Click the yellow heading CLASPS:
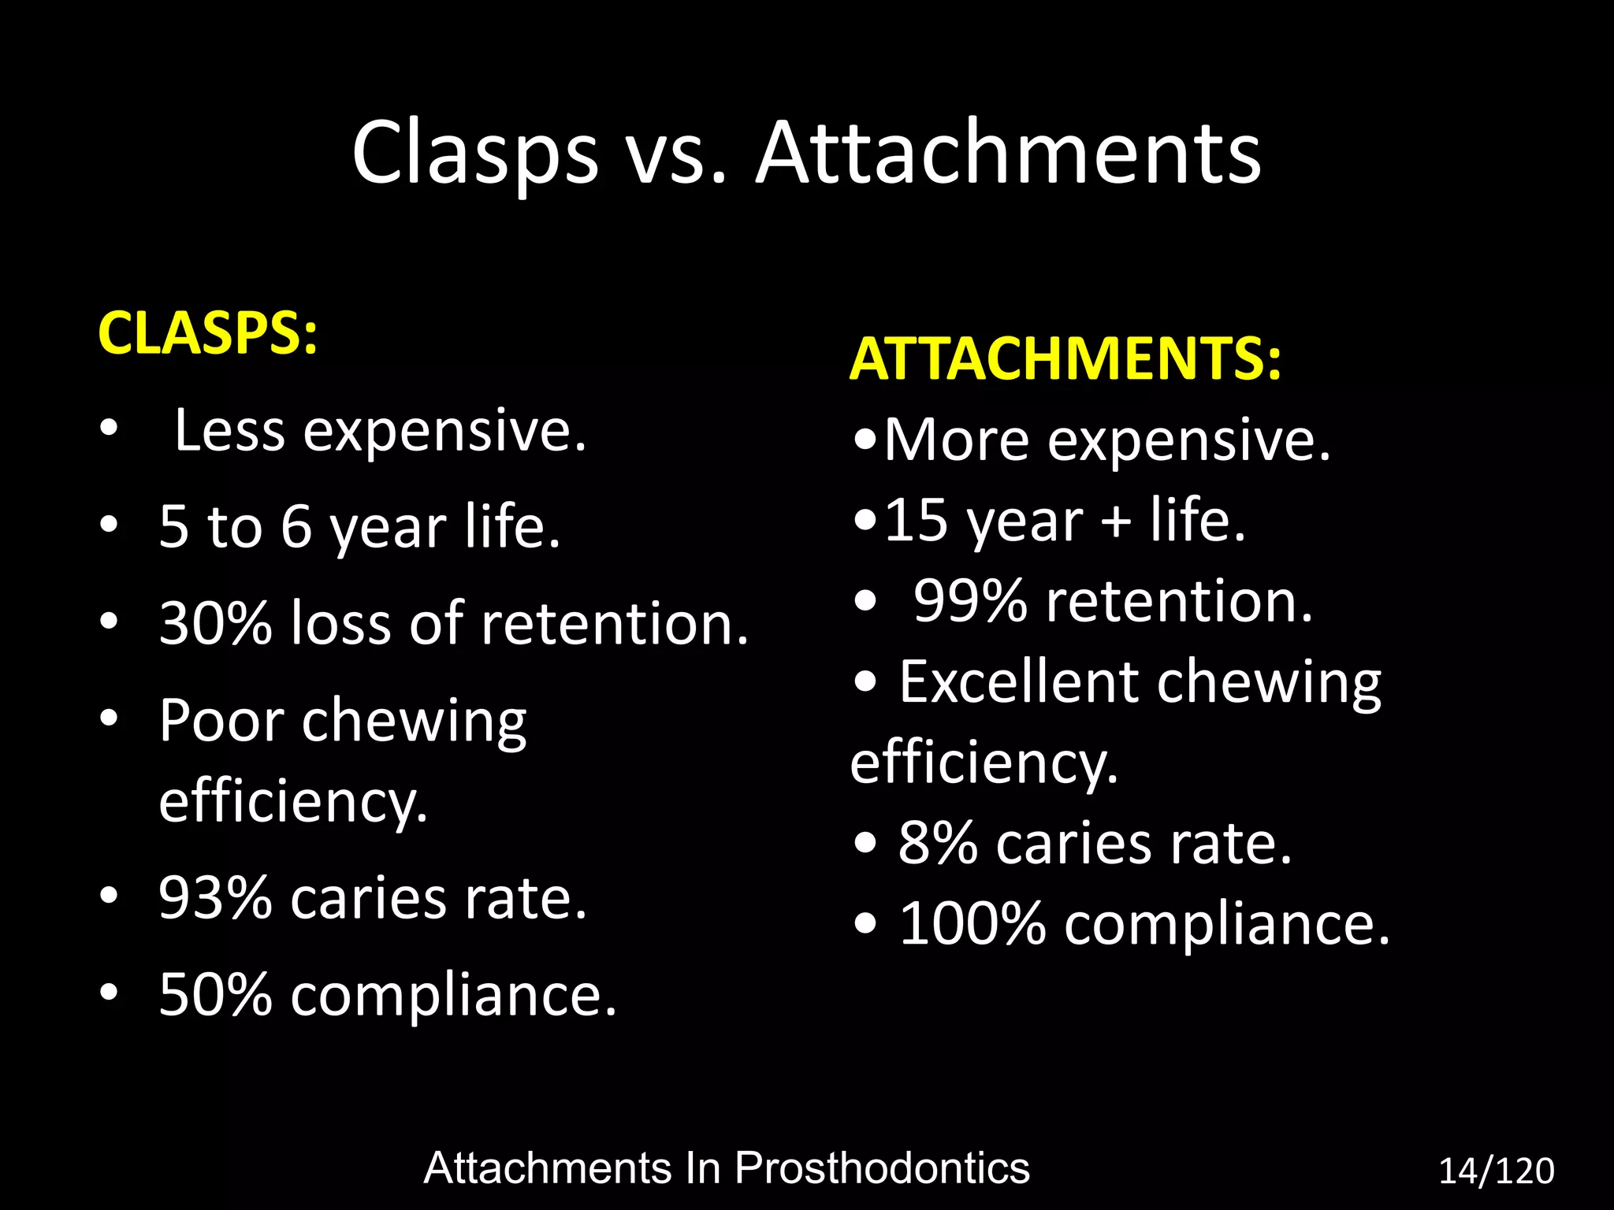coord(207,334)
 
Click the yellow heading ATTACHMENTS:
coord(1065,359)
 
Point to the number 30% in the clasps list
coord(215,623)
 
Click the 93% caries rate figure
coord(215,898)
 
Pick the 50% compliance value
coord(215,995)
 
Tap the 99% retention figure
coord(970,601)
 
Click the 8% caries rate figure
coord(938,844)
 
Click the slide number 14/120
coord(1496,1171)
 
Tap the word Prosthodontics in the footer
coord(882,1168)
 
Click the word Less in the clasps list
coord(229,431)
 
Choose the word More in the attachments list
coord(956,440)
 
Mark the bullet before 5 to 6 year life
coord(109,524)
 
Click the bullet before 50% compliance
coord(109,993)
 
